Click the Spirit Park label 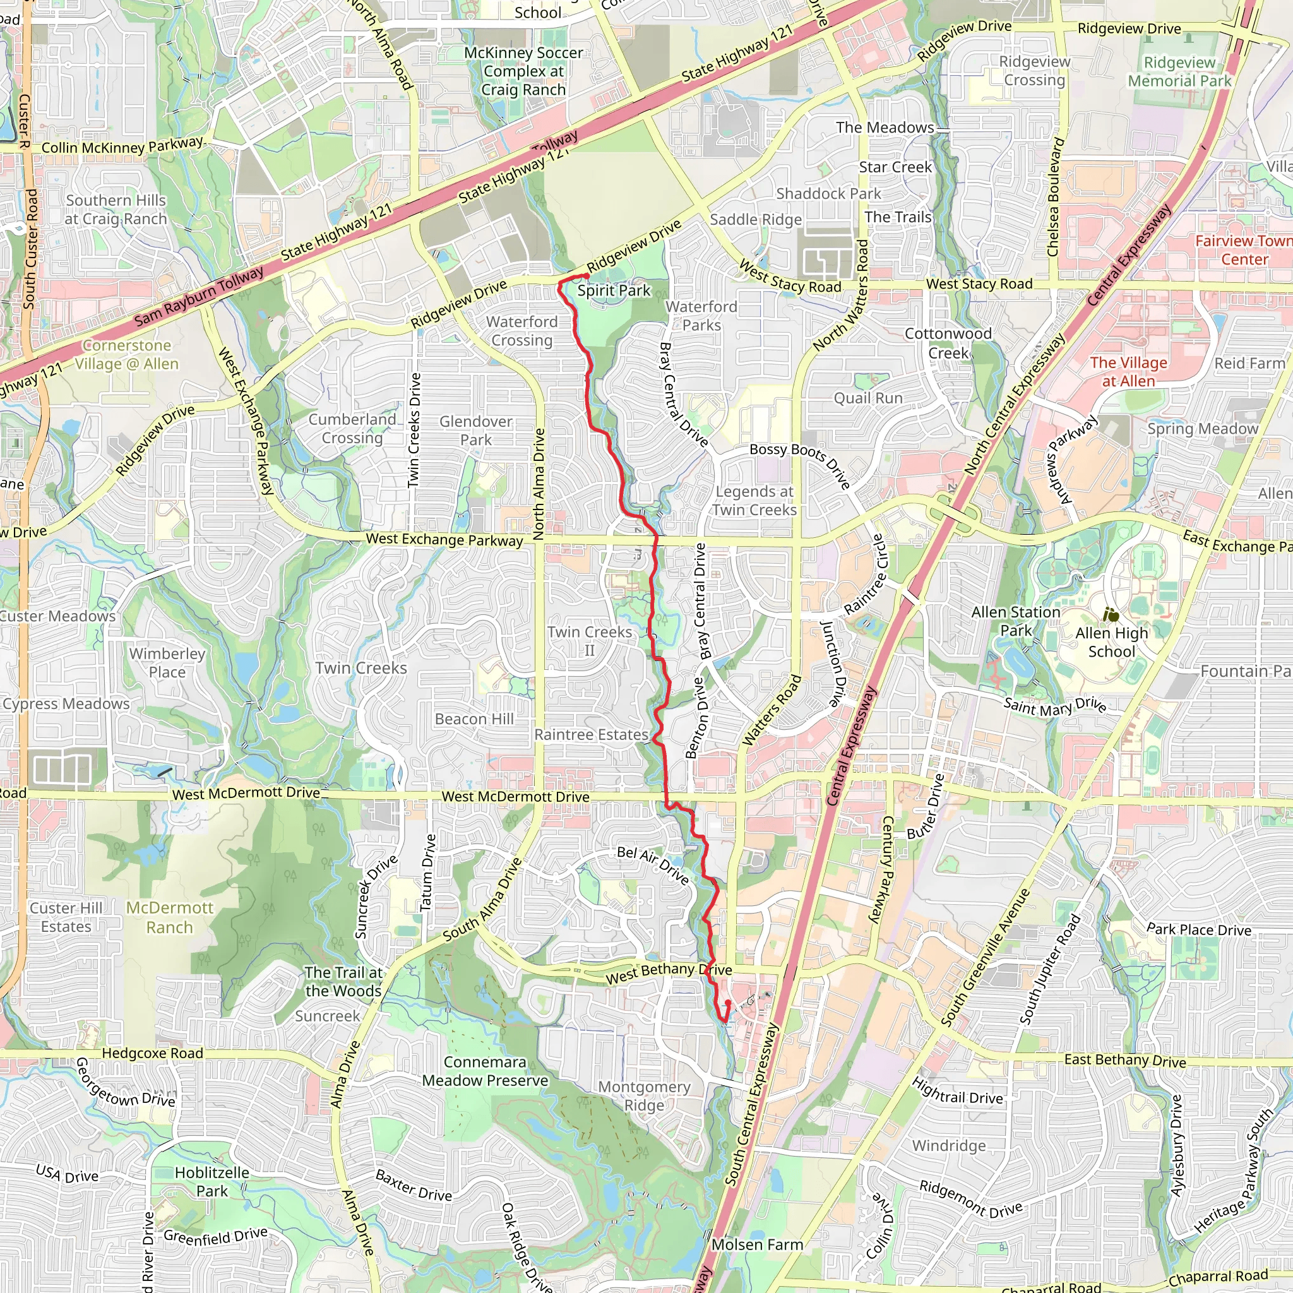coord(613,290)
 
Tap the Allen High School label coord(1112,643)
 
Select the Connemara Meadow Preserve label coord(486,1071)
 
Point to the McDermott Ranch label coord(170,917)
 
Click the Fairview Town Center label coord(1244,250)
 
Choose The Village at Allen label coord(1128,372)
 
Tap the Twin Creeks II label coord(590,641)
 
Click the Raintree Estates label coord(591,735)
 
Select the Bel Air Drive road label coord(653,865)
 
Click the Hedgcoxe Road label coord(152,1054)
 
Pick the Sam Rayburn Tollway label coord(199,296)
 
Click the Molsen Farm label coord(757,1245)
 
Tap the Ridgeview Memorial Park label coord(1179,72)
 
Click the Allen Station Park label coord(1015,621)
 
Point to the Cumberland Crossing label coord(352,429)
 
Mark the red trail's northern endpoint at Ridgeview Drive coord(587,276)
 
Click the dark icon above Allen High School coord(1111,614)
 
